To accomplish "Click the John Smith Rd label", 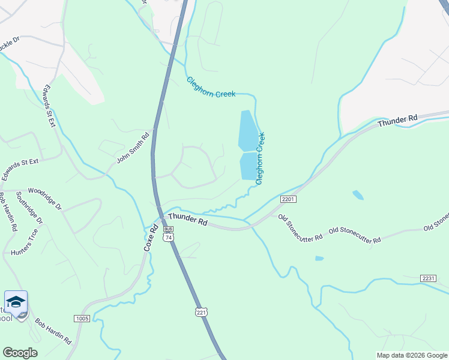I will [133, 148].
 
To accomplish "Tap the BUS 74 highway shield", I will [169, 233].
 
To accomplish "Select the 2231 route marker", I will [428, 278].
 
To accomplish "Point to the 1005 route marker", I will [82, 318].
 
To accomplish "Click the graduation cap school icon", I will [16, 301].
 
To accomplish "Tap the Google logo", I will [20, 353].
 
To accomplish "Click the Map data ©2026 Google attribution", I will [411, 355].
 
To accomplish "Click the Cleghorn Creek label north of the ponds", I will [211, 87].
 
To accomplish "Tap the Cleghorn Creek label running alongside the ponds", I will [261, 158].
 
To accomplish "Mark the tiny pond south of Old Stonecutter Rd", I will [319, 259].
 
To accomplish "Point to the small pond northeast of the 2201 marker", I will [358, 194].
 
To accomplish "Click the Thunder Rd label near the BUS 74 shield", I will [188, 220].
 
